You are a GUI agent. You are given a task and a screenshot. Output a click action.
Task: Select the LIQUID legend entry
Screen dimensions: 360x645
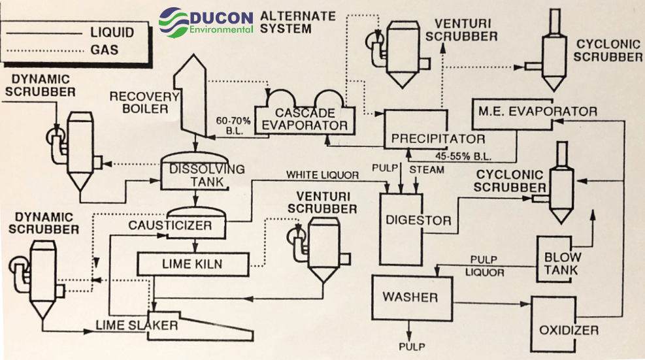pos(111,32)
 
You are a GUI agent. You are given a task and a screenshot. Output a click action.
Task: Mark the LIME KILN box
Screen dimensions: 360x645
pos(193,264)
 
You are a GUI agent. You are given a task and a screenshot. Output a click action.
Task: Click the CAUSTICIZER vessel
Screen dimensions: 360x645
pos(197,225)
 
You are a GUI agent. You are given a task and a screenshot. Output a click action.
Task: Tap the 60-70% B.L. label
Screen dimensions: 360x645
pos(233,125)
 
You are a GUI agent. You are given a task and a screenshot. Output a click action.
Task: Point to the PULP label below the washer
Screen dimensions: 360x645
pos(412,346)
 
